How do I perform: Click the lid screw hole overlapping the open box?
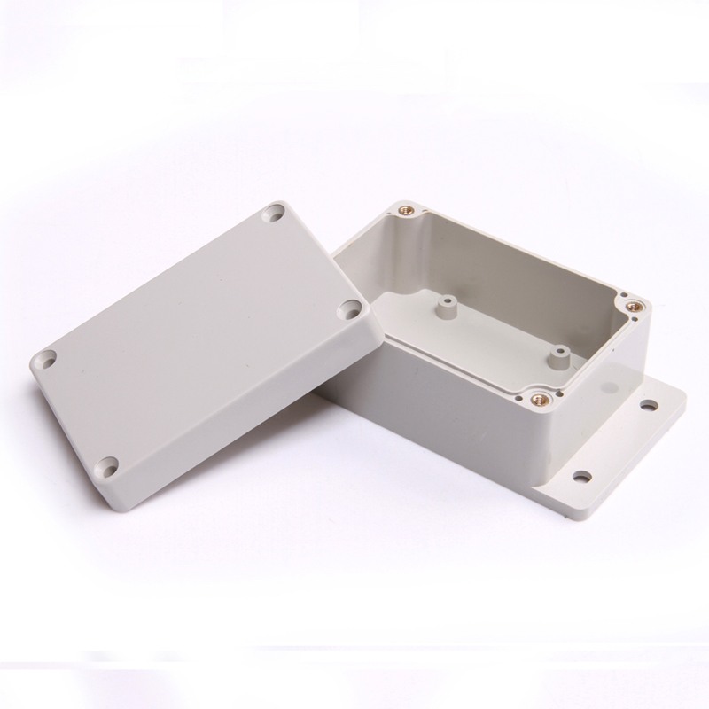(x=351, y=310)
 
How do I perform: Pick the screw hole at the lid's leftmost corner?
(x=44, y=360)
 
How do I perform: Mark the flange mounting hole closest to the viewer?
(x=581, y=477)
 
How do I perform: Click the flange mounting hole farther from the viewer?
(x=650, y=406)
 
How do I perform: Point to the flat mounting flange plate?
(x=620, y=443)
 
